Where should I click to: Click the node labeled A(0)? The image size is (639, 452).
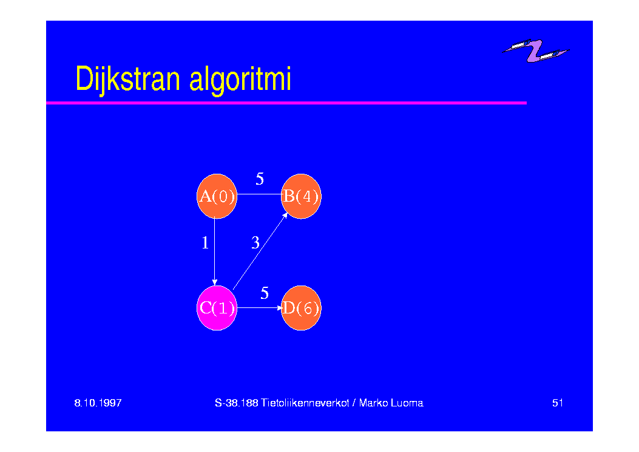(x=217, y=196)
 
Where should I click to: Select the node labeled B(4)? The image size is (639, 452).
(x=301, y=196)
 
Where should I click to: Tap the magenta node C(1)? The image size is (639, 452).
(x=217, y=307)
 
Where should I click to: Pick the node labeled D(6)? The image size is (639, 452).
(x=301, y=307)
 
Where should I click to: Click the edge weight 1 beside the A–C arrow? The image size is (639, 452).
(x=205, y=243)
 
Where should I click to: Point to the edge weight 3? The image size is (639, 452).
(x=255, y=243)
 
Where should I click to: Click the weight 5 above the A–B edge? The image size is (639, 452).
(x=260, y=179)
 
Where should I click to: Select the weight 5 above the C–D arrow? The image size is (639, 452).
(x=265, y=293)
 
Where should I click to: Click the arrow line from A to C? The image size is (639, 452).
(x=215, y=251)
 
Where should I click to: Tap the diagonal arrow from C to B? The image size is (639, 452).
(x=260, y=251)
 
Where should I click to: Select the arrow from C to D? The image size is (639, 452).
(x=260, y=307)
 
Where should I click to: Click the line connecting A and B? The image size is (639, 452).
(x=260, y=194)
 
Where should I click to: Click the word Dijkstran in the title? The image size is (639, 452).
(x=127, y=79)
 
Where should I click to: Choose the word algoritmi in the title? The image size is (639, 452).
(x=240, y=79)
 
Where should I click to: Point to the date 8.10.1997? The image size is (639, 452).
(x=98, y=403)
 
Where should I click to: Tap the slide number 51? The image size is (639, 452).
(x=558, y=403)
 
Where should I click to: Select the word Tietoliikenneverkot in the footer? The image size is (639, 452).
(x=305, y=403)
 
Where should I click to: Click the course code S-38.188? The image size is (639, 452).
(x=237, y=403)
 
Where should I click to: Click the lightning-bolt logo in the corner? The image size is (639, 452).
(x=535, y=50)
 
